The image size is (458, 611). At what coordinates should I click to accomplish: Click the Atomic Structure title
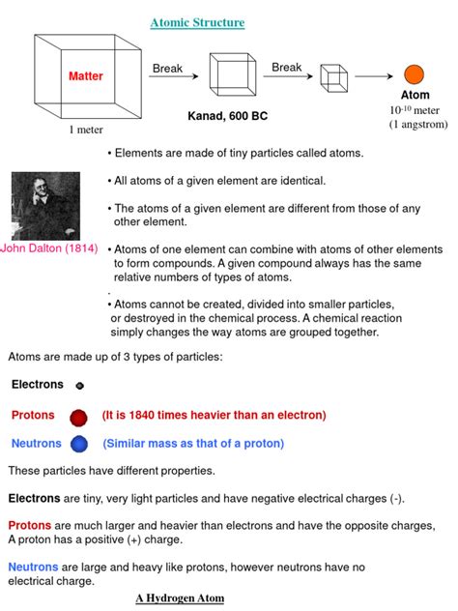point(197,22)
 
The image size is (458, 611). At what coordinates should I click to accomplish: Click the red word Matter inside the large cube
point(85,76)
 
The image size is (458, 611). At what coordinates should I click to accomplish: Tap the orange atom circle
point(414,74)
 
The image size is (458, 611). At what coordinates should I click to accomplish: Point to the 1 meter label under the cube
point(85,130)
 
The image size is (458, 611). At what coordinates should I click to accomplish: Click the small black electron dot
point(79,385)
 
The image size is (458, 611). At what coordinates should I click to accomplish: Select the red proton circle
point(79,417)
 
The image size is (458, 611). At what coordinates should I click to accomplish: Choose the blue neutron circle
point(79,445)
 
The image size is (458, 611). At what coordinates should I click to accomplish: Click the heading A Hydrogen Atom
point(180,598)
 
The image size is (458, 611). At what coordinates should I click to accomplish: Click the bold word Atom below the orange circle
point(415,96)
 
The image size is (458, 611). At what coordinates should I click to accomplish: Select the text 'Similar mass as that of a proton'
point(193,445)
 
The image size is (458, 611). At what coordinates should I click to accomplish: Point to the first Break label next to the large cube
point(167,69)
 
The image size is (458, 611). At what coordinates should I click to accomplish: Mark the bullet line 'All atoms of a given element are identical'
point(219,181)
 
